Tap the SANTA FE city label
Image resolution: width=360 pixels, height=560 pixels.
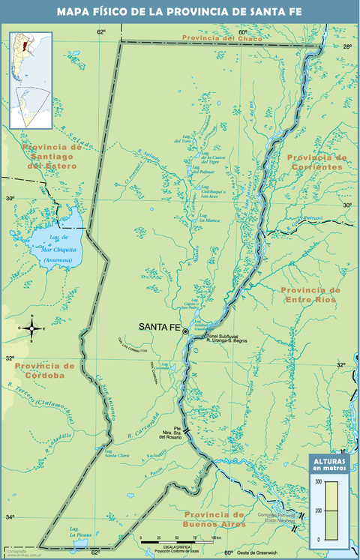160,328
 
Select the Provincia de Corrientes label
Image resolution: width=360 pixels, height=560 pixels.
316,162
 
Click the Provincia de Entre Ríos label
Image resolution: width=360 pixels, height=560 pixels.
310,295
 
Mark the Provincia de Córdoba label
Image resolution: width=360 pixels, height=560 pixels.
45,370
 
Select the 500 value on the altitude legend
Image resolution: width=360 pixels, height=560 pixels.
318,481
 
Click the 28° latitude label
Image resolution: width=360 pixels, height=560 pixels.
347,46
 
